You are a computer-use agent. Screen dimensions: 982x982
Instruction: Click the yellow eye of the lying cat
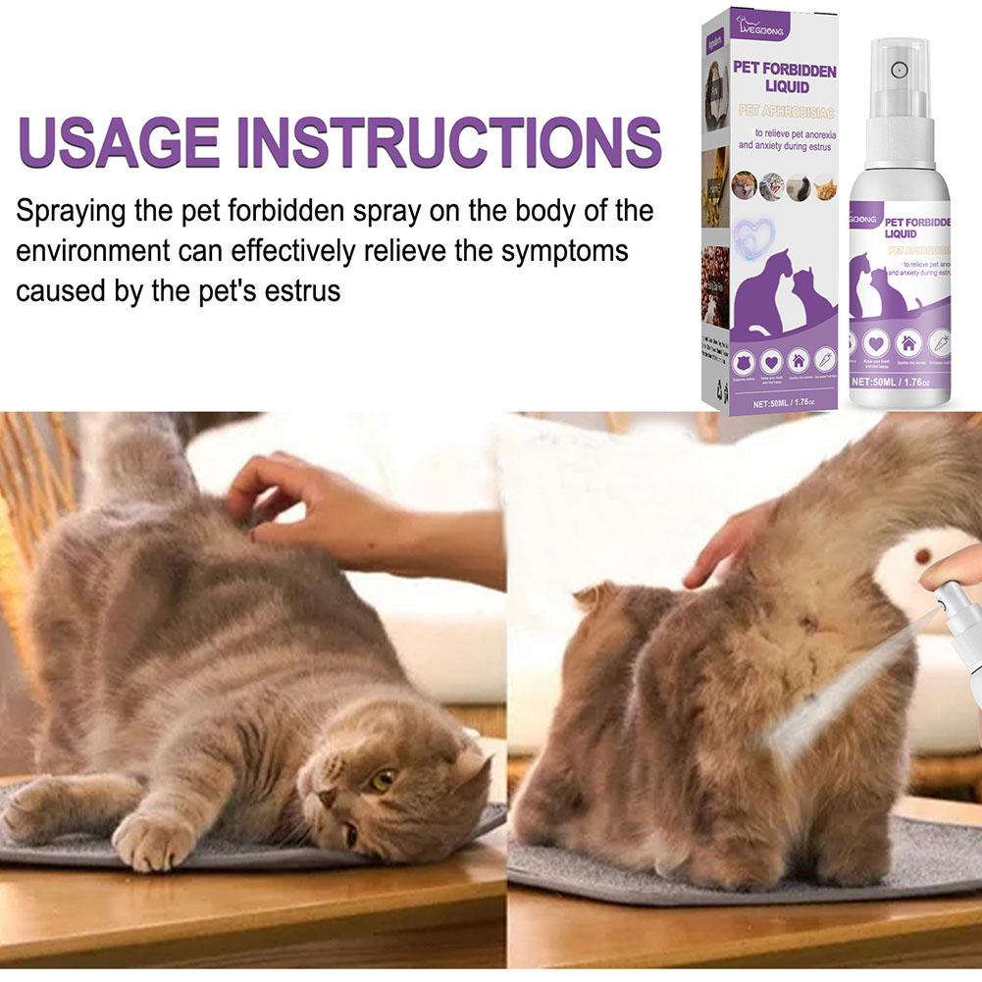tap(381, 780)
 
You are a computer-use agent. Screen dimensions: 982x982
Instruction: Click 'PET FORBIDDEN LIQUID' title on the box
tap(785, 78)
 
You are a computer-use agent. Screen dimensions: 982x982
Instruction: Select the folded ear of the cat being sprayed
tap(595, 596)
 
